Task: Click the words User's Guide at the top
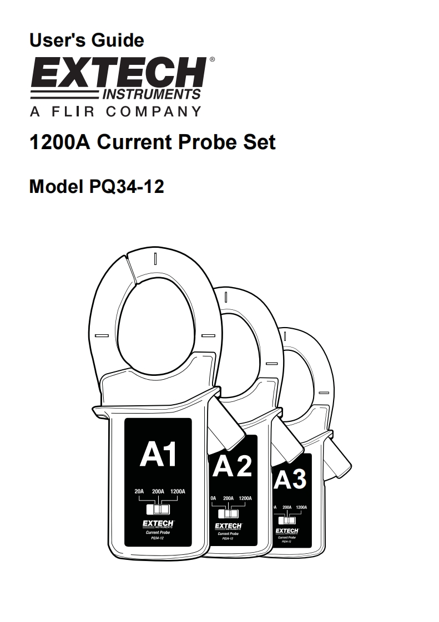pyautogui.click(x=87, y=40)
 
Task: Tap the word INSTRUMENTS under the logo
pyautogui.click(x=152, y=94)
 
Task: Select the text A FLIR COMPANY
pyautogui.click(x=116, y=111)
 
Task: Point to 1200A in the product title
pyautogui.click(x=60, y=142)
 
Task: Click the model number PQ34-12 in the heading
pyautogui.click(x=127, y=186)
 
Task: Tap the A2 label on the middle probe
pyautogui.click(x=232, y=467)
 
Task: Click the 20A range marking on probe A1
pyautogui.click(x=139, y=492)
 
